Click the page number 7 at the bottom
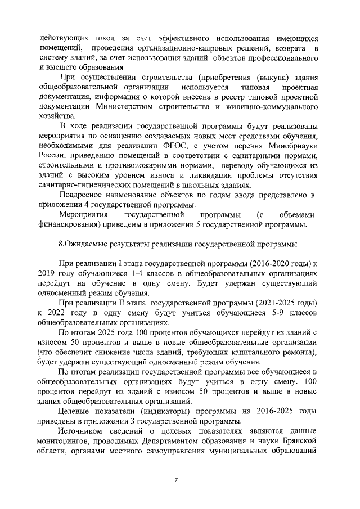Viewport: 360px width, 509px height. click(x=176, y=479)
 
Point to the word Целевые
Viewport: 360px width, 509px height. click(x=75, y=411)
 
